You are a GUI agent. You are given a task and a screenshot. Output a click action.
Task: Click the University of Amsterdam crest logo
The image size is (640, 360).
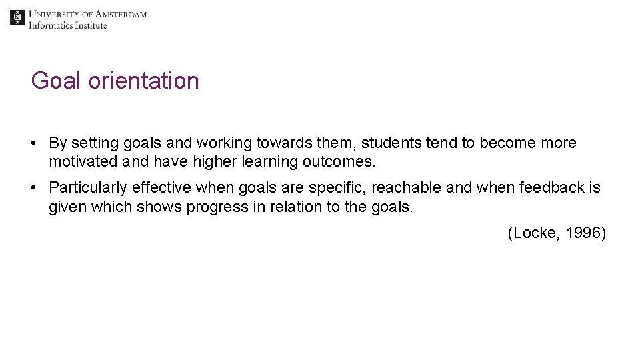click(17, 18)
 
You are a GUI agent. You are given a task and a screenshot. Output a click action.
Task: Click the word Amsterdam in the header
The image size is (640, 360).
click(121, 14)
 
